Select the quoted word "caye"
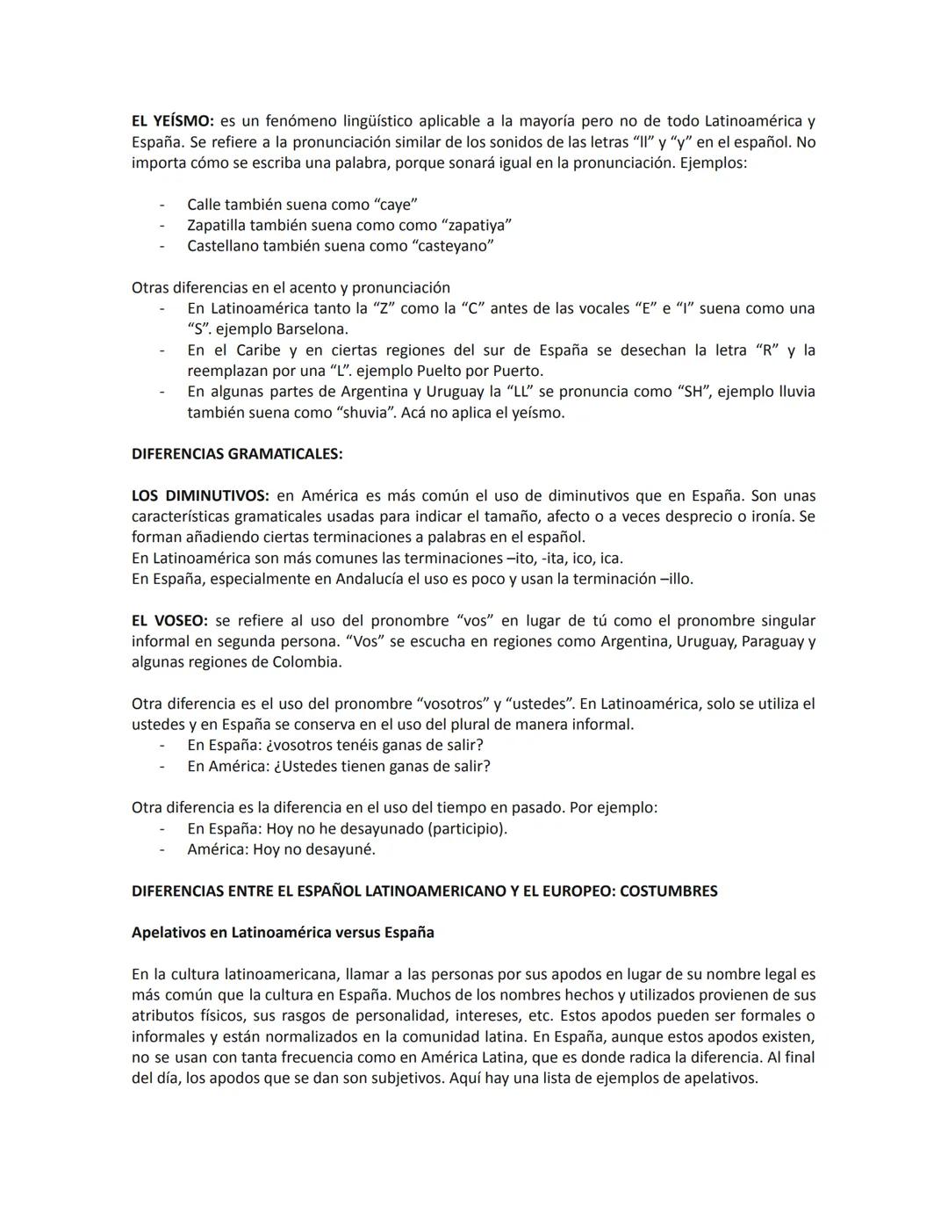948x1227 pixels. click(396, 205)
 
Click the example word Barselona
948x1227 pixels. click(312, 329)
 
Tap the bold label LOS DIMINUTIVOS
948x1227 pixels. click(200, 495)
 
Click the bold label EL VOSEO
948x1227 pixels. click(169, 620)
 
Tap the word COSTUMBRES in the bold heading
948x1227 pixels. click(668, 891)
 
